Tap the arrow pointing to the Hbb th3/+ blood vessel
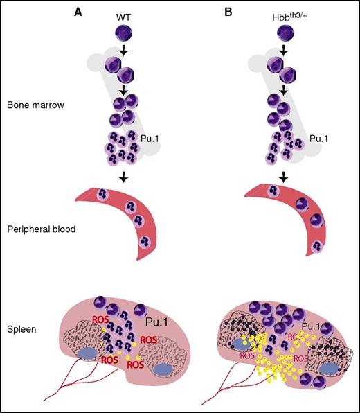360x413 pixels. [x=283, y=177]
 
